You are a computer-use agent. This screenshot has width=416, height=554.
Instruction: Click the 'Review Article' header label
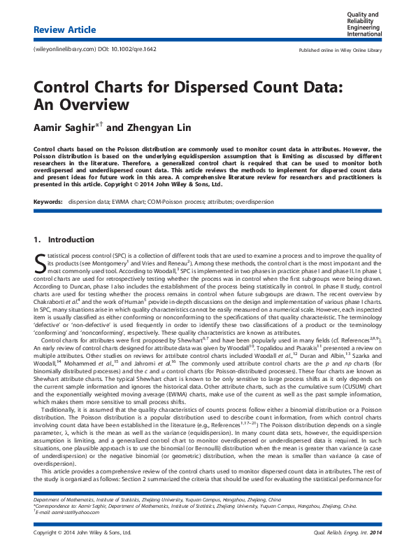64,29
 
